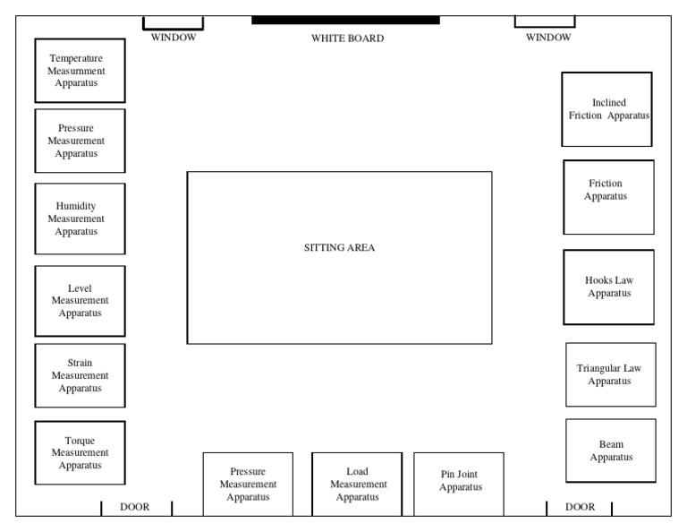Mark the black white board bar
(345, 21)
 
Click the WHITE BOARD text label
(347, 39)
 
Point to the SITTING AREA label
(339, 247)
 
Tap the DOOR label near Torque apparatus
(134, 507)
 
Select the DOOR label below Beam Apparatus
(580, 507)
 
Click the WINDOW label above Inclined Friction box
(548, 38)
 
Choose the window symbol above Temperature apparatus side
(173, 23)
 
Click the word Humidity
(76, 206)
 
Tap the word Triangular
(597, 368)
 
